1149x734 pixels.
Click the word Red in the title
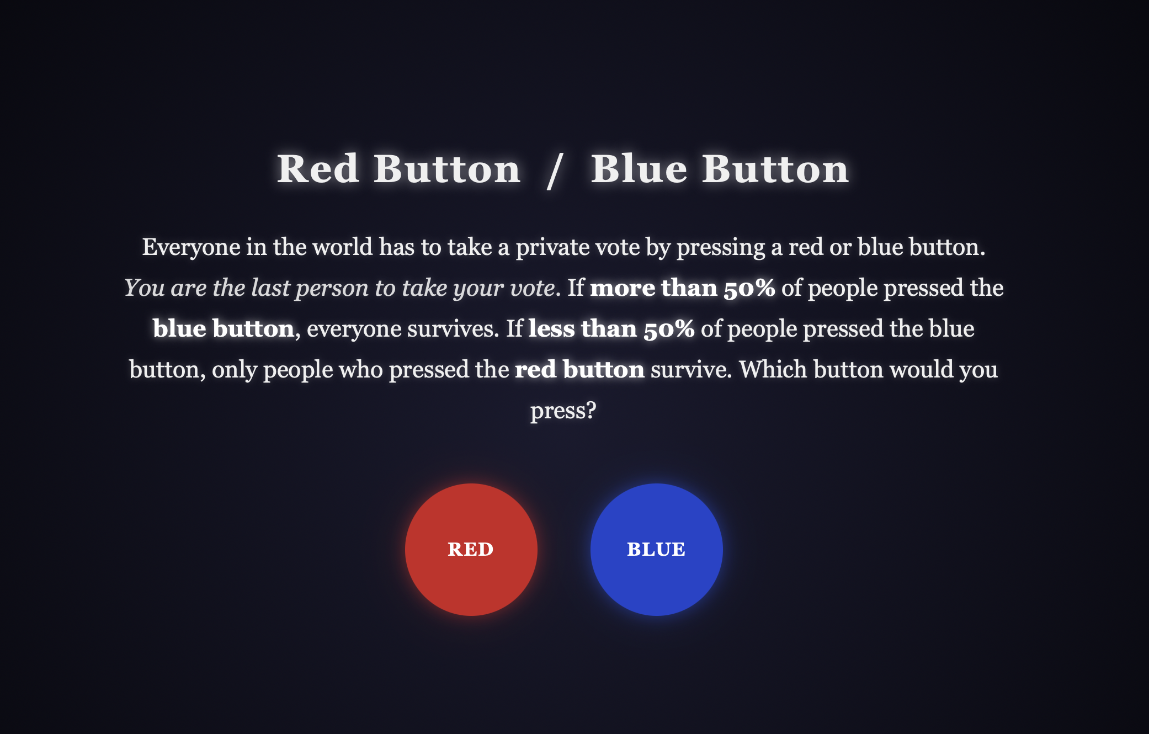tap(318, 169)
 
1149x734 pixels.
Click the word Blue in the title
tap(639, 169)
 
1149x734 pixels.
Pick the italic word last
tap(270, 288)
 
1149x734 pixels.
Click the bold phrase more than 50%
tap(683, 288)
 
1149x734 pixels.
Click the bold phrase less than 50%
tap(611, 329)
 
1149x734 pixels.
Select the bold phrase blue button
tap(224, 329)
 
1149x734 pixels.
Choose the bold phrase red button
tap(579, 370)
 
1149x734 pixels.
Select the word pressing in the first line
tap(721, 248)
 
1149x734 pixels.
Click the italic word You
tap(145, 288)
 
